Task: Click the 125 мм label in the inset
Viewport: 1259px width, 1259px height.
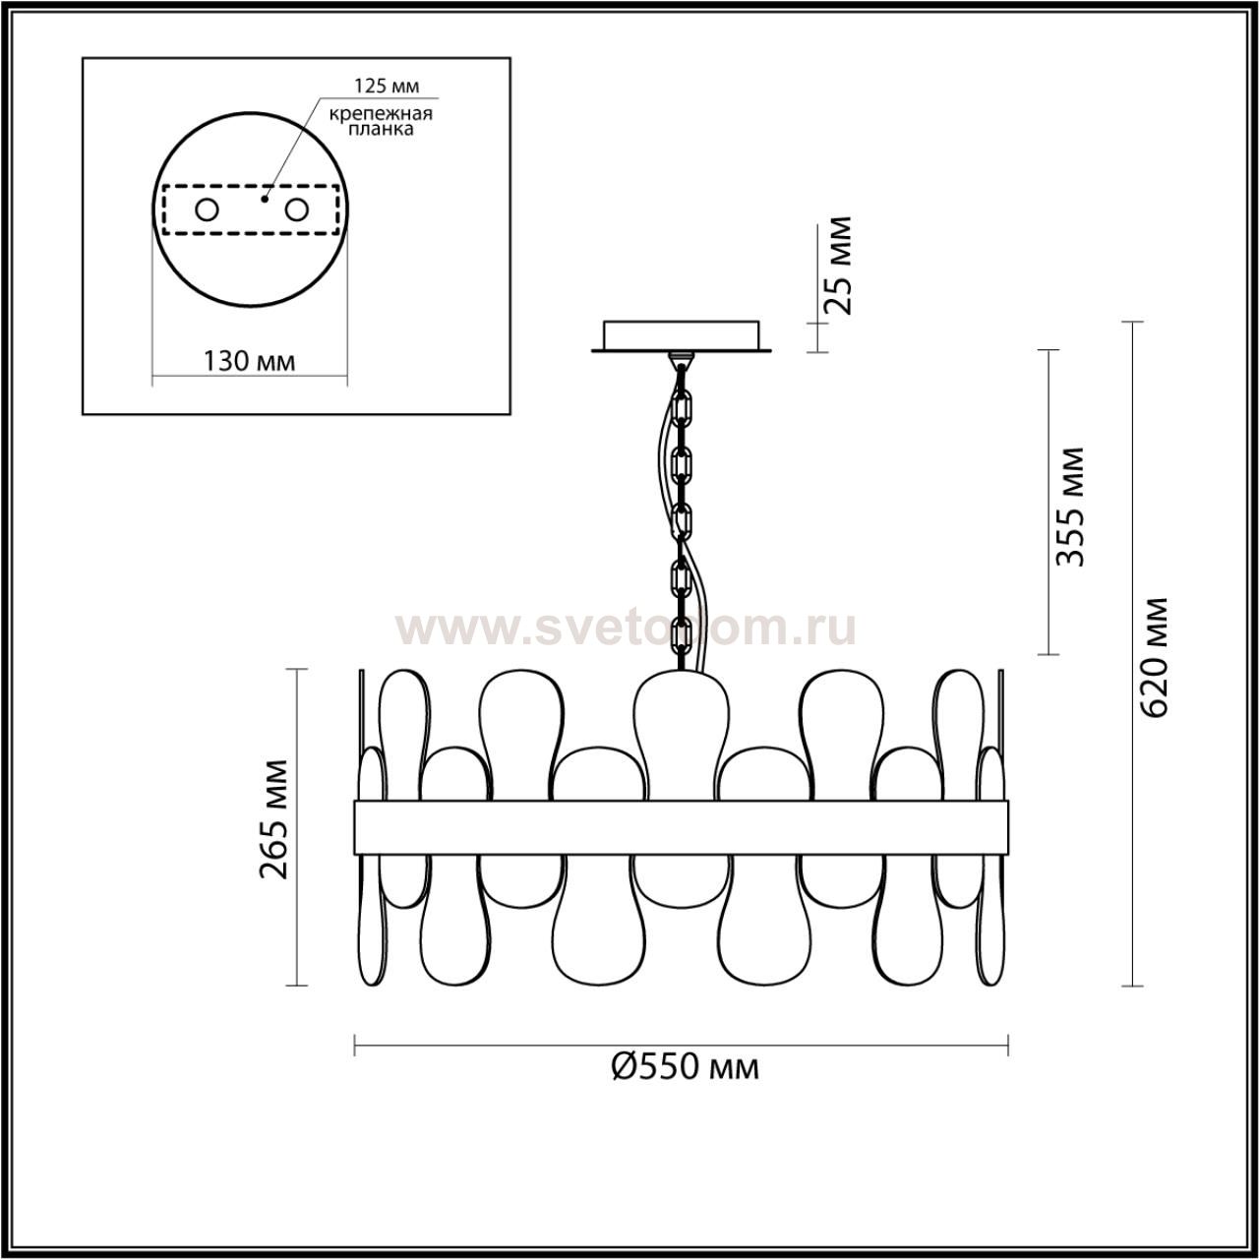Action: click(387, 86)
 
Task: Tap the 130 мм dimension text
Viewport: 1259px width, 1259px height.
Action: click(250, 360)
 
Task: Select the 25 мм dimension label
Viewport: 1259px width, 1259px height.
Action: click(838, 266)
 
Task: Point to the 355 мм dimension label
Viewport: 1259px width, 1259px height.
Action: click(1070, 507)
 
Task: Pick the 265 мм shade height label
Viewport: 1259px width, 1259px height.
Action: click(273, 819)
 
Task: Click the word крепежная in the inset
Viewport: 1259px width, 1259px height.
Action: click(381, 114)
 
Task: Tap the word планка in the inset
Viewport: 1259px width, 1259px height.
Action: click(381, 130)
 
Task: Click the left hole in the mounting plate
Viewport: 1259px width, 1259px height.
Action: click(208, 210)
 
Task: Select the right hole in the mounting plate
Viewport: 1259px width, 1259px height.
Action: click(296, 210)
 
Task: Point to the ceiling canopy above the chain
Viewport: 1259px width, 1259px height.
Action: click(682, 335)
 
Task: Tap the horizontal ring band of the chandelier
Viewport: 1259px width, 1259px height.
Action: click(681, 827)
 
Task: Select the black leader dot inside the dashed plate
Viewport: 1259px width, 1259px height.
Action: click(264, 199)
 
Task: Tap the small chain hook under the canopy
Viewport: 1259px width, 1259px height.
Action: click(682, 359)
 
